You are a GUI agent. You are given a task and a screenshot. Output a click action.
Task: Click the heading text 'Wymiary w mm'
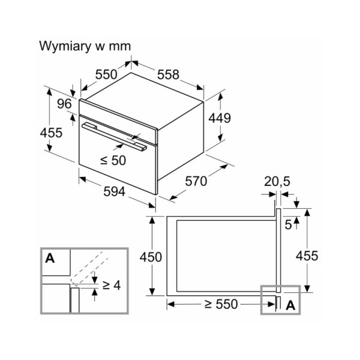[85, 46]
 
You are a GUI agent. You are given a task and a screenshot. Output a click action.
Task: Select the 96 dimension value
[64, 104]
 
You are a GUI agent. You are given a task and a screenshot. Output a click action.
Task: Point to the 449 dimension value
[219, 118]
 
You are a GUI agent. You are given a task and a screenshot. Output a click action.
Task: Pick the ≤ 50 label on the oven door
[113, 161]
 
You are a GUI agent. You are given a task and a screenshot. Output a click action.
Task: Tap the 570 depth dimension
[196, 181]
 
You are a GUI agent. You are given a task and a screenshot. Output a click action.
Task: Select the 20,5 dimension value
[277, 181]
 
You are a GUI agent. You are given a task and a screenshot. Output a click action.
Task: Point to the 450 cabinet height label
[150, 257]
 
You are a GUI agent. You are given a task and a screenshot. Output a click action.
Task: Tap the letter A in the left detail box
[50, 259]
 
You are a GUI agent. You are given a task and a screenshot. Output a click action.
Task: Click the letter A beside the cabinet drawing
[291, 305]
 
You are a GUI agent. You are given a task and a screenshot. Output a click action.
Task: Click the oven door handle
[114, 136]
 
